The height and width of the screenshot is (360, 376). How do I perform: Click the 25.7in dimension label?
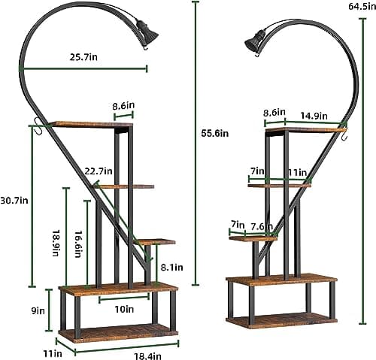coord(83,57)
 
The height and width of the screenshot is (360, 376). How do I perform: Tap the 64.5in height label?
coord(362,6)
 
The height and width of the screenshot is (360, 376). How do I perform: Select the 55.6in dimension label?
coord(215,133)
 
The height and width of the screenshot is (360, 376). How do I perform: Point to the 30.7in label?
coord(14,201)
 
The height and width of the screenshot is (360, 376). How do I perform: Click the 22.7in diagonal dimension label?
coord(99,171)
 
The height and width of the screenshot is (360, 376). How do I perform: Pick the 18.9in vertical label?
coord(56,242)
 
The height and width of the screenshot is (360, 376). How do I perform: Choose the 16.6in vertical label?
coord(77,244)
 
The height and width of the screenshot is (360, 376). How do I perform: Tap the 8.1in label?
coord(171,268)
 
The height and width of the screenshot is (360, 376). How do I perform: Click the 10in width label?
coord(124,310)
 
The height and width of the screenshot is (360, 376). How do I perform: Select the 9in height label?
coord(38,311)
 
